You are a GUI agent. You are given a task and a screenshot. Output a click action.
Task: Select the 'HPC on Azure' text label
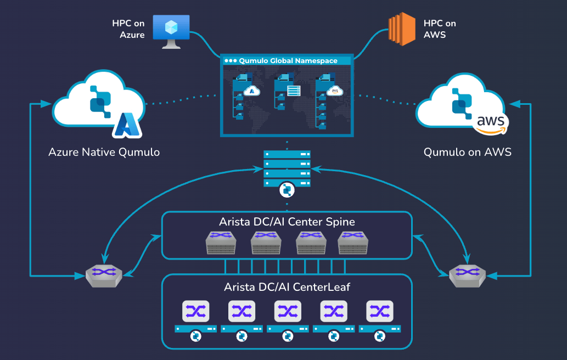[128, 29]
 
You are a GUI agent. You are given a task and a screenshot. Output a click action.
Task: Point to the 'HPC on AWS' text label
[439, 29]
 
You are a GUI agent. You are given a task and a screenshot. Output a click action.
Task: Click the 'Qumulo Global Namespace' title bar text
[288, 60]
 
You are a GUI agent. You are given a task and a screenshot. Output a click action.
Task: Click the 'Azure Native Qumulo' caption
[104, 152]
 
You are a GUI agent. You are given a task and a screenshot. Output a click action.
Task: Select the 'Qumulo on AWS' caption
[467, 152]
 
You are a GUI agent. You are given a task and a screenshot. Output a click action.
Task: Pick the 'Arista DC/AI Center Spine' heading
[287, 222]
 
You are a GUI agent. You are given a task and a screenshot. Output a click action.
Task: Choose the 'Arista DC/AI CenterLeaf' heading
[287, 287]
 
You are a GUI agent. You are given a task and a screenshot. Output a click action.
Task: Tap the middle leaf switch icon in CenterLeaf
[287, 311]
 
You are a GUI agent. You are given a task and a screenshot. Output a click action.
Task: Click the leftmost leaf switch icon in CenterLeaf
[195, 311]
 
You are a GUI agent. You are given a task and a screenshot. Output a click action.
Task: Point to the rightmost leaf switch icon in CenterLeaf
[379, 311]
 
